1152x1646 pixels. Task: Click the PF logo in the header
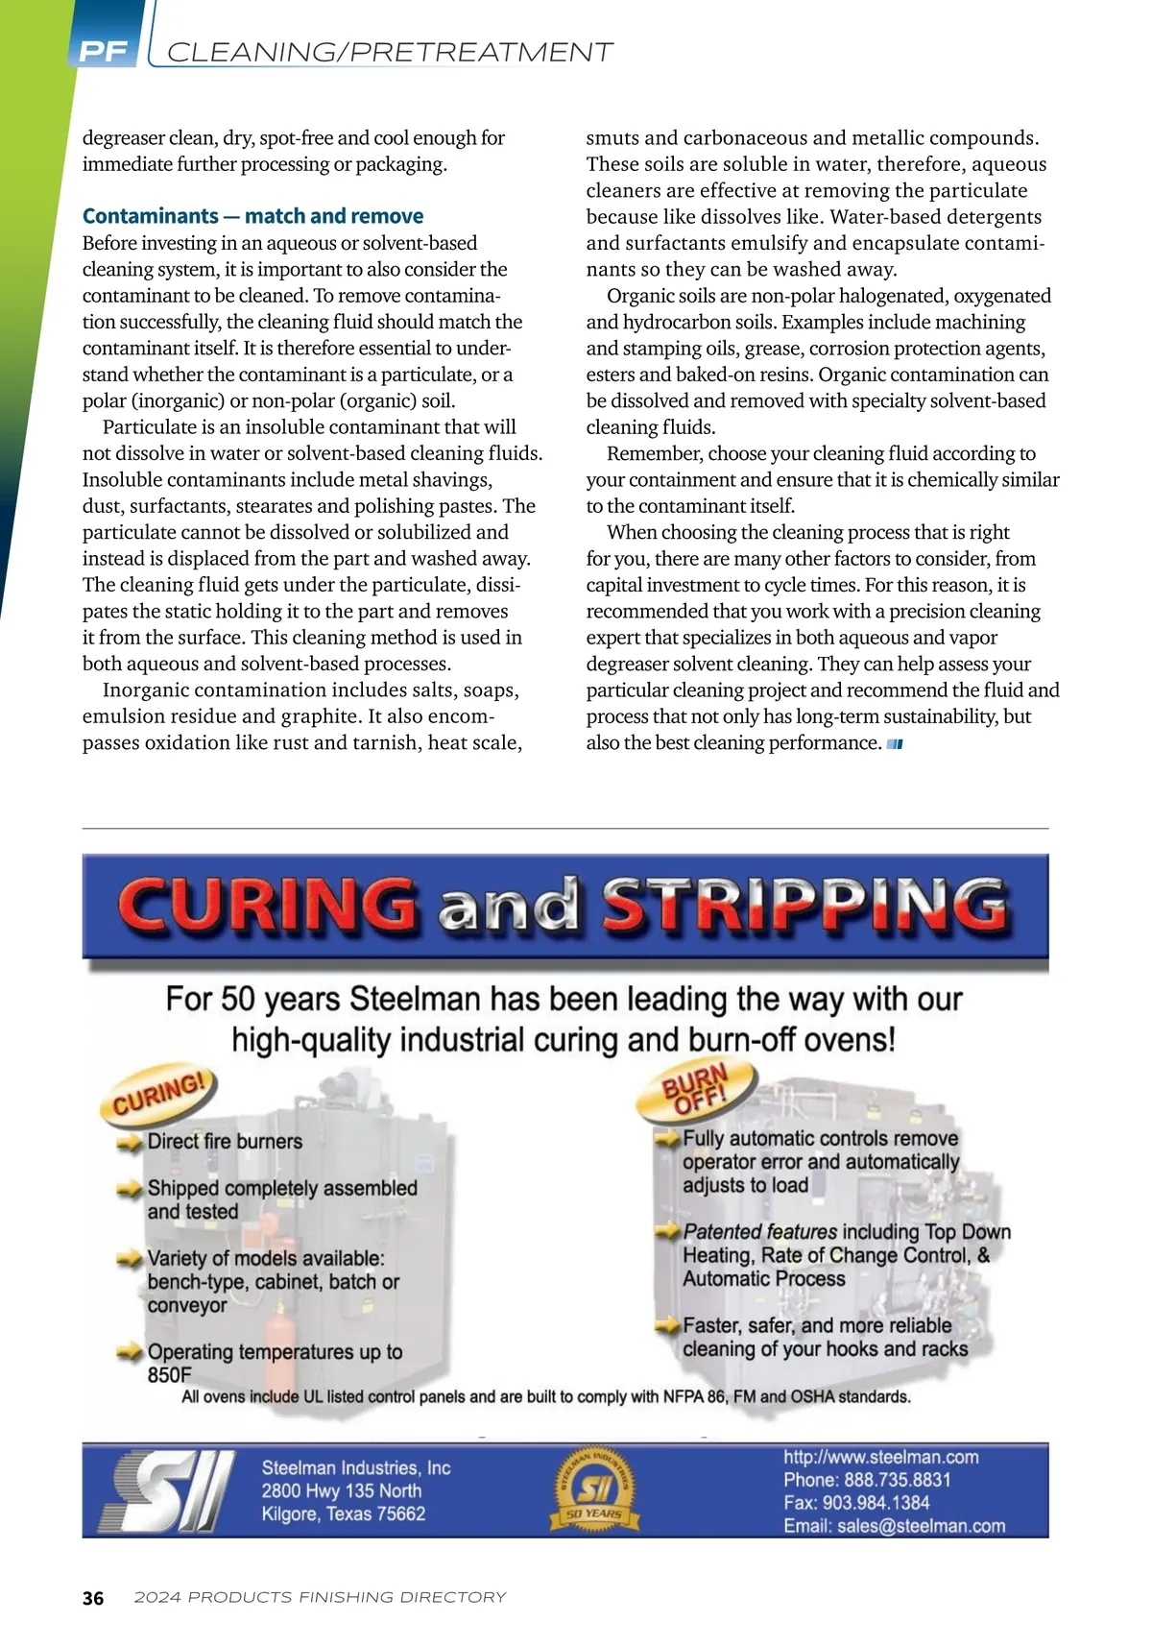104,51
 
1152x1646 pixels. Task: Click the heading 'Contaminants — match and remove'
252,216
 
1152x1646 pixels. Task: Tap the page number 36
93,1598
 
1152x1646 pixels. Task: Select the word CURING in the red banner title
267,905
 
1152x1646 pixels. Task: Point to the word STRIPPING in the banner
804,905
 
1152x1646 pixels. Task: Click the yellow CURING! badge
159,1094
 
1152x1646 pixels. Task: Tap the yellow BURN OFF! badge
696,1090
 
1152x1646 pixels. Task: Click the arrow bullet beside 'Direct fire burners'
130,1143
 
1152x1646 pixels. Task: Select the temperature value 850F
170,1375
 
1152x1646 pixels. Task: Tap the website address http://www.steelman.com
880,1457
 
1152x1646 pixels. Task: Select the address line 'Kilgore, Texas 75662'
343,1514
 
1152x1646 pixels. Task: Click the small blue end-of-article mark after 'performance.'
895,744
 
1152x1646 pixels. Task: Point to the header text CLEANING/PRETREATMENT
390,52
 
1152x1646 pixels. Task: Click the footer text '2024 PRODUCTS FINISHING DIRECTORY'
320,1598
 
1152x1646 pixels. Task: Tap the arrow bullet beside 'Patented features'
667,1231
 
